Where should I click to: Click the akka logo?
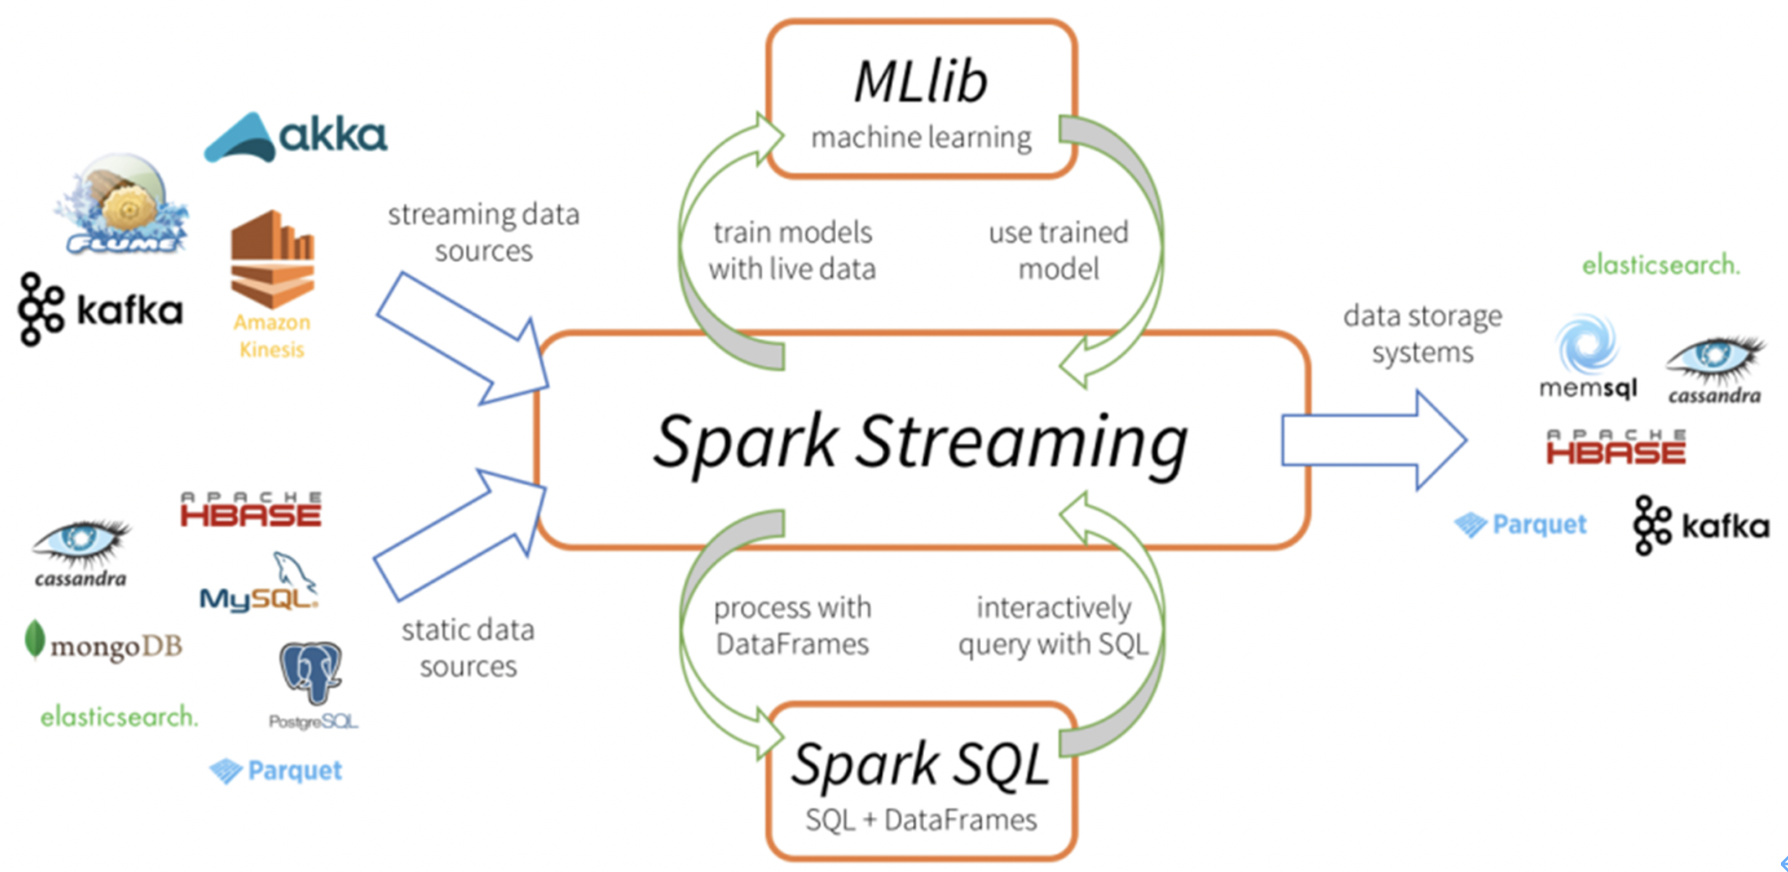295,137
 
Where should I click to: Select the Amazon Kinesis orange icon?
272,259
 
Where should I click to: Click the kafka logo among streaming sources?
101,310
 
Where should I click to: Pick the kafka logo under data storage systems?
1701,525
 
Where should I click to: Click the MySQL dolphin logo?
259,585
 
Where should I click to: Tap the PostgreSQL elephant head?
312,672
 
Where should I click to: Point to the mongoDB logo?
104,644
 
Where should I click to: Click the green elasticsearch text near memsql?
1661,266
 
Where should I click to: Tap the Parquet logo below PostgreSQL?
276,771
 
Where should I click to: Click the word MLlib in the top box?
920,82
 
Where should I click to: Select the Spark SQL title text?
920,764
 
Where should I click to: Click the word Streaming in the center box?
1021,441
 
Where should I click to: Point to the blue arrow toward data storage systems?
1373,441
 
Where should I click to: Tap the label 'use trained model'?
1057,251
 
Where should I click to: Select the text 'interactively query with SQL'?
1053,626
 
